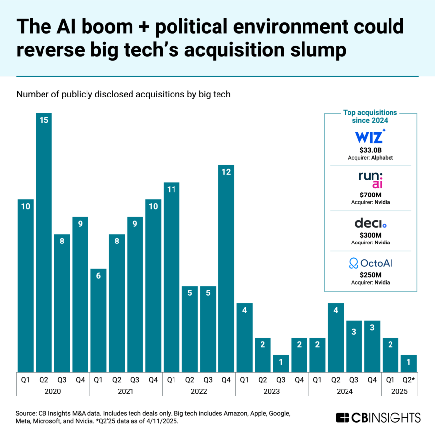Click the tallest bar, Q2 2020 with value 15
[x=44, y=243]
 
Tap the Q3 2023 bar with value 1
[x=281, y=363]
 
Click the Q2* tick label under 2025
[x=408, y=380]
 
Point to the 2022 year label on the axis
[x=199, y=391]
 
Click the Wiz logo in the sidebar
[x=370, y=136]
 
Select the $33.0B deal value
[x=370, y=150]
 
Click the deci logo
[x=370, y=223]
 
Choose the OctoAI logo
[x=370, y=263]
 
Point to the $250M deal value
[x=370, y=275]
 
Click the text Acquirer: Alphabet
[x=370, y=157]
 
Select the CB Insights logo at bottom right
[x=378, y=417]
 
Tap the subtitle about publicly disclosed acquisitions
[x=124, y=94]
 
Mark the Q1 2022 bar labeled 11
[x=172, y=277]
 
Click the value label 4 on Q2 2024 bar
[x=336, y=311]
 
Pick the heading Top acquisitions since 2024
[x=370, y=116]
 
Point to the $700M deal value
[x=370, y=194]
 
